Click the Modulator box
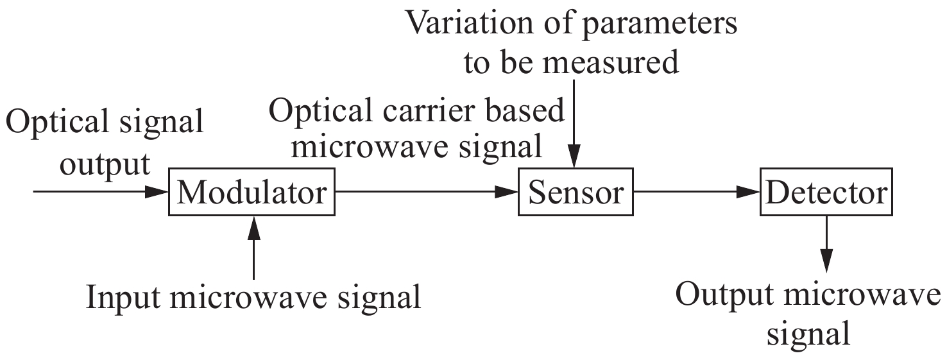tap(252, 192)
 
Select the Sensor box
tap(575, 192)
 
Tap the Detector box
tap(826, 192)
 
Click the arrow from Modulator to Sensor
tap(427, 192)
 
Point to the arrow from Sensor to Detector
tap(696, 192)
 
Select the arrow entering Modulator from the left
tap(99, 192)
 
